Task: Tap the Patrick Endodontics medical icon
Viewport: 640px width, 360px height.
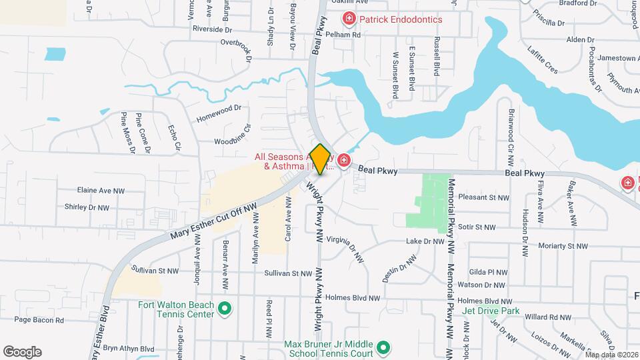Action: click(348, 19)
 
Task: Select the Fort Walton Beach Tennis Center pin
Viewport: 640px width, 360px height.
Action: click(225, 309)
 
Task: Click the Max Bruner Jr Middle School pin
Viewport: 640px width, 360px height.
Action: click(383, 347)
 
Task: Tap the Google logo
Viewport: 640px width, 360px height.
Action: click(22, 352)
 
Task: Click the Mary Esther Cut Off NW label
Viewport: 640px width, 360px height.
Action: click(213, 221)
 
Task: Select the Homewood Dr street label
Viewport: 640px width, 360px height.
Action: click(218, 113)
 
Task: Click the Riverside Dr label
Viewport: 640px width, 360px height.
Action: click(212, 29)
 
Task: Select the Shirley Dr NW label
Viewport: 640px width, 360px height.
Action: click(87, 207)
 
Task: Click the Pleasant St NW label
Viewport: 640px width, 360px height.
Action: click(485, 197)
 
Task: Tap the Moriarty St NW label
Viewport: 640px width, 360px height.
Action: click(565, 246)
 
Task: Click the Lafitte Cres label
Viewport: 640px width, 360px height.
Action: click(542, 58)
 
